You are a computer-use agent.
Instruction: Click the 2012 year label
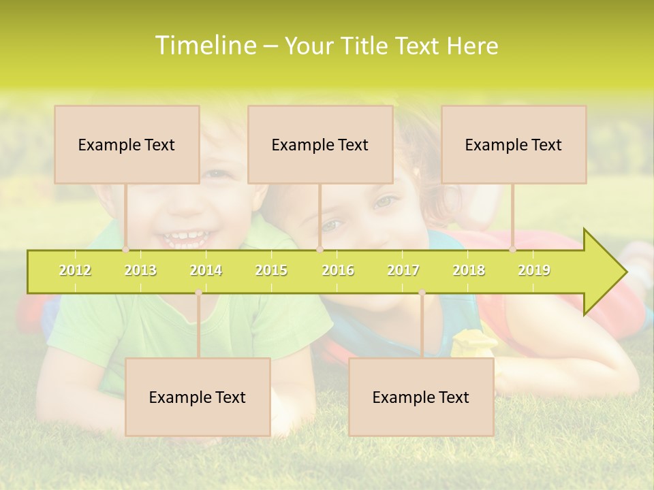75,270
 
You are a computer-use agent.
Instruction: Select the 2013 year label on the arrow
140,270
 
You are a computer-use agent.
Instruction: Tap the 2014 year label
206,270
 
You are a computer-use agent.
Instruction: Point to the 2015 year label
271,270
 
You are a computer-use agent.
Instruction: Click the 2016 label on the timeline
338,270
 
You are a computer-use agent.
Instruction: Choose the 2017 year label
403,270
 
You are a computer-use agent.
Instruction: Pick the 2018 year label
469,270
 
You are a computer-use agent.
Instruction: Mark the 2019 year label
534,270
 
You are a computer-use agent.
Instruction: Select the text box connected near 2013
127,145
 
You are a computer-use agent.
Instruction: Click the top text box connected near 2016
320,145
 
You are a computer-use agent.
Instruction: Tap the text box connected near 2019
514,145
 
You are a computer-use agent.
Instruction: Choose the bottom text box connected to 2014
198,397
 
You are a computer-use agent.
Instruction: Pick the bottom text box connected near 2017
421,397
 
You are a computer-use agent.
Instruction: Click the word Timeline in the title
205,46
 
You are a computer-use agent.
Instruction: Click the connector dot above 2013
126,250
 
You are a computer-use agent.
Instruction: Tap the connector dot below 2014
198,293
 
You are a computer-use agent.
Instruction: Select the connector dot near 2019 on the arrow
513,250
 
